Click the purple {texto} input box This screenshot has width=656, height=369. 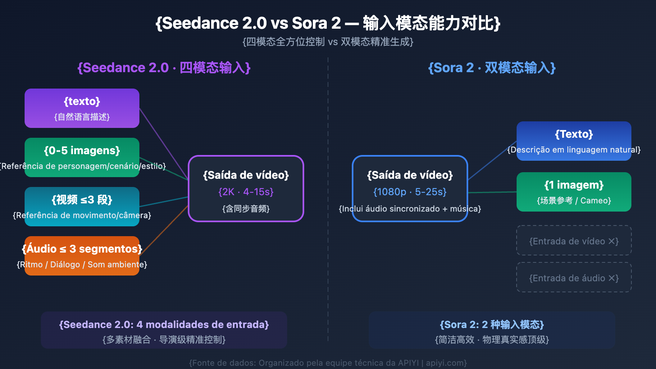pos(82,108)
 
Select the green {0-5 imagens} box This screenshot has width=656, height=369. pos(82,157)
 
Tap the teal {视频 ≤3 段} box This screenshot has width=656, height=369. pos(82,207)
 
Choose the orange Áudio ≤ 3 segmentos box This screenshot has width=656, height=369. pos(82,256)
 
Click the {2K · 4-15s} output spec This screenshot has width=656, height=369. pos(246,192)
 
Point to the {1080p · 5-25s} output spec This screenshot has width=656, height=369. pos(410,192)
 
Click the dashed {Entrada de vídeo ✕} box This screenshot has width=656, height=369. pos(574,241)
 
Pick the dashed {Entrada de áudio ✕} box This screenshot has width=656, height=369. pos(574,278)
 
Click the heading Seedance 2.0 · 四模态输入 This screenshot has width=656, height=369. pos(164,68)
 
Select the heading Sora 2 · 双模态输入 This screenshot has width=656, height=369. pos(492,68)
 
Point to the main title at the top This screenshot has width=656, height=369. pos(328,23)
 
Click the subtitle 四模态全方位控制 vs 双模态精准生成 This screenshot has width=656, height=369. pos(328,42)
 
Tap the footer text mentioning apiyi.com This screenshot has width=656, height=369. pos(328,363)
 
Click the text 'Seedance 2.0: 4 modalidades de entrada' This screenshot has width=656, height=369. pos(164,325)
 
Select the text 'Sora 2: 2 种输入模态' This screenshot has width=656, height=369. pos(492,325)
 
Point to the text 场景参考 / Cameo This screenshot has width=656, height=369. pos(574,200)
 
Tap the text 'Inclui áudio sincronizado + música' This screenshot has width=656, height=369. pos(410,209)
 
